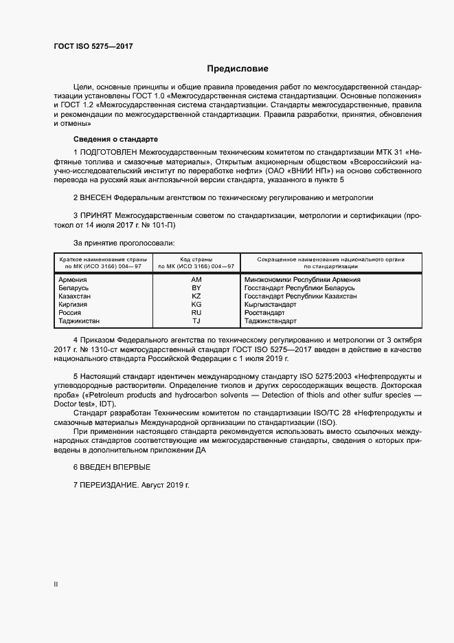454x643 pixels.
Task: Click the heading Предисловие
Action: point(238,69)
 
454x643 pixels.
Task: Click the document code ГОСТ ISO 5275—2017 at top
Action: point(93,46)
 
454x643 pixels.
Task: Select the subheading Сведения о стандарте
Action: point(105,139)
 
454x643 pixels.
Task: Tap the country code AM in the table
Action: point(196,280)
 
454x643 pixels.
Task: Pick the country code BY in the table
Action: point(196,288)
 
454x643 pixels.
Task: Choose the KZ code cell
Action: point(196,296)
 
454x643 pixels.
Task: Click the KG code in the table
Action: point(196,304)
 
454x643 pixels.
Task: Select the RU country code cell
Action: point(196,312)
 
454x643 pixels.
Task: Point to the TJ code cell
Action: point(196,320)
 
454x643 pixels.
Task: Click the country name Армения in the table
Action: point(73,280)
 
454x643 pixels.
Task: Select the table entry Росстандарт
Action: point(264,312)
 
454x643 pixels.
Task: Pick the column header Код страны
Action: point(196,259)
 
